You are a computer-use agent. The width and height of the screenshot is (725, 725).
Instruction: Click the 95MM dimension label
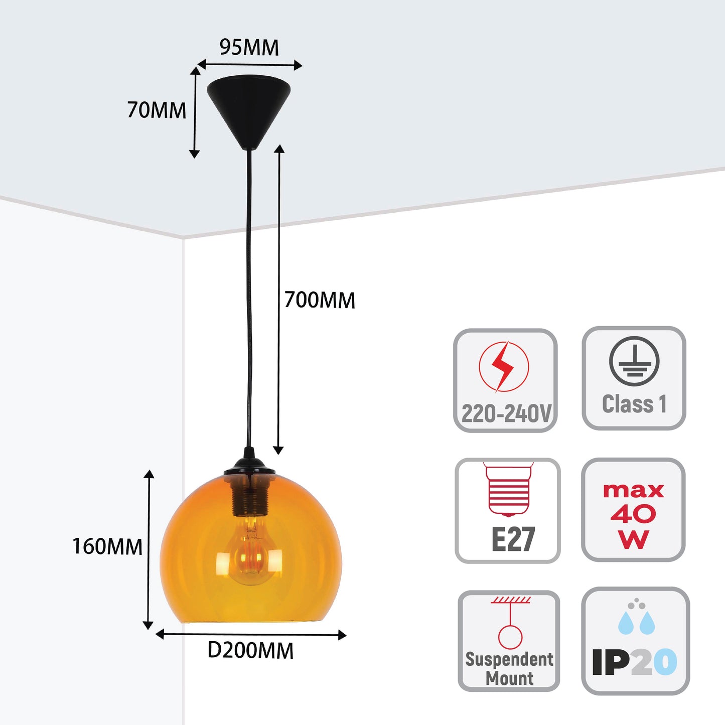click(249, 48)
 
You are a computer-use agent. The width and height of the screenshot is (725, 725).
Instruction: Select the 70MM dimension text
click(157, 110)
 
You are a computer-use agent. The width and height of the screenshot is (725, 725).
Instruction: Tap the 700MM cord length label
click(320, 300)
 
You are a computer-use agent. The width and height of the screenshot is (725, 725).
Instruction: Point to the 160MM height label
click(107, 546)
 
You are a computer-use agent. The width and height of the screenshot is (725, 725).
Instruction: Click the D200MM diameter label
click(250, 651)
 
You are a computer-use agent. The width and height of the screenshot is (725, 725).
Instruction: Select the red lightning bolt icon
click(503, 366)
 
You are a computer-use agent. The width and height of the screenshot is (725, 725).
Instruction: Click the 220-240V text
click(506, 414)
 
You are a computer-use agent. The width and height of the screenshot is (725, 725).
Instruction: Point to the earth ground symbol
click(634, 361)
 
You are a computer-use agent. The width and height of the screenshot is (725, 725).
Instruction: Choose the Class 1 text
click(634, 404)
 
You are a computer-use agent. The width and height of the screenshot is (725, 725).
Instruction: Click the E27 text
click(513, 539)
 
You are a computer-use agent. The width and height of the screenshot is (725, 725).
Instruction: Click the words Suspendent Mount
click(509, 668)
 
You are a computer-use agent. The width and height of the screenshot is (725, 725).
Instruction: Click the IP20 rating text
click(634, 662)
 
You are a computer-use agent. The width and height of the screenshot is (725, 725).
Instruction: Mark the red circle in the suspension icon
click(510, 636)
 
